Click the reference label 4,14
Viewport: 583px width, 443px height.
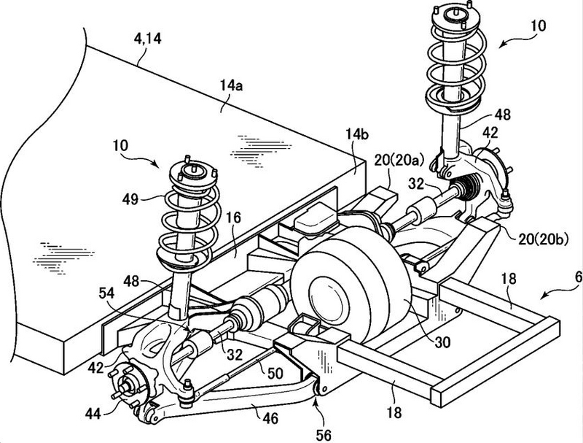coord(148,39)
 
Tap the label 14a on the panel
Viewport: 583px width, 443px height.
coord(231,86)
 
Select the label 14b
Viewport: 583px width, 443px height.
coord(357,134)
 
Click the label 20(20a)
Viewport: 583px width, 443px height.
coord(399,161)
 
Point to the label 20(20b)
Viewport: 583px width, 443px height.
coord(544,239)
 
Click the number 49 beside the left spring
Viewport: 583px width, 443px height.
coord(130,199)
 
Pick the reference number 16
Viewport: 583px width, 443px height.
coord(233,217)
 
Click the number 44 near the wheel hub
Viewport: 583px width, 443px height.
coord(93,413)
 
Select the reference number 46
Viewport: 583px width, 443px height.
coord(270,418)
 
